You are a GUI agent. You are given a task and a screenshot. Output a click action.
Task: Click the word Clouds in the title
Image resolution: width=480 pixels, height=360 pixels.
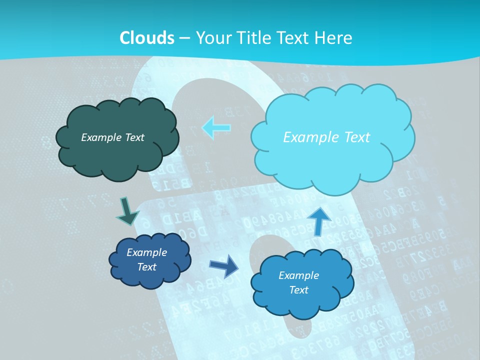coord(147,38)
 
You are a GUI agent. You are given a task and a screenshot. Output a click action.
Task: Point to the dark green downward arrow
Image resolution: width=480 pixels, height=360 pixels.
coord(127,211)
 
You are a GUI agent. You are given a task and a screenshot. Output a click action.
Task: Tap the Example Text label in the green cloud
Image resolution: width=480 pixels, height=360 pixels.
coord(112,137)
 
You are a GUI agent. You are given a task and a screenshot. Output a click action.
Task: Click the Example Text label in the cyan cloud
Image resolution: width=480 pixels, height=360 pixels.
coord(326,137)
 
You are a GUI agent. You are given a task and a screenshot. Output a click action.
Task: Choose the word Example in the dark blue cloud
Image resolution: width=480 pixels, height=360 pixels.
coord(146,252)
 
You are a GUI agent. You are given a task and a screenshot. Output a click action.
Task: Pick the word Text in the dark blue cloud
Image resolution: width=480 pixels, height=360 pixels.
coord(147,267)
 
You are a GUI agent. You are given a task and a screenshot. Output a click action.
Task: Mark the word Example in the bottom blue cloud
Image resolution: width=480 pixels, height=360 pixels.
coord(298,275)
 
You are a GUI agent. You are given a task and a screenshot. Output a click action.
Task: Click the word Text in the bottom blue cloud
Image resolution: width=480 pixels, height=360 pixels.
coord(298,290)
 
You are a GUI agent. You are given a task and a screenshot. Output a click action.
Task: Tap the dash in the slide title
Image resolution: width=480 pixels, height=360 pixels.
coord(184,38)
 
